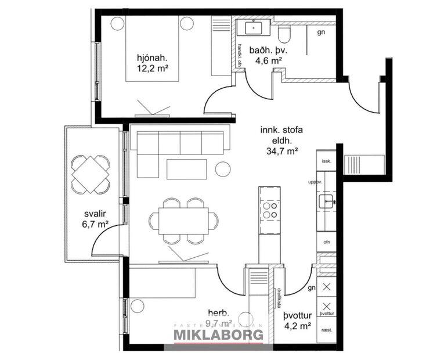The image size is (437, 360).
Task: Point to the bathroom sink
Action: coord(253,27)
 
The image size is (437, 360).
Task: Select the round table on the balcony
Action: coord(90,174)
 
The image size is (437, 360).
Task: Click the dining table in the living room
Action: coord(184,221)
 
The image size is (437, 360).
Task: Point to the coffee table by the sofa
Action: coord(186,169)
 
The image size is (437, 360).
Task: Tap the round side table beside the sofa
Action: coord(222,169)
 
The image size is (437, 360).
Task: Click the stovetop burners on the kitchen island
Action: coord(269,210)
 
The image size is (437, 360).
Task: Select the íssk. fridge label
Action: coord(326,161)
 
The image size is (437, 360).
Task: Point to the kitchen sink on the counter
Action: coord(326,201)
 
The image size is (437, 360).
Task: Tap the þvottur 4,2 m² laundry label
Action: coord(298,320)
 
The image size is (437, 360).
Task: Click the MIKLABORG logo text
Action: coord(219,335)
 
